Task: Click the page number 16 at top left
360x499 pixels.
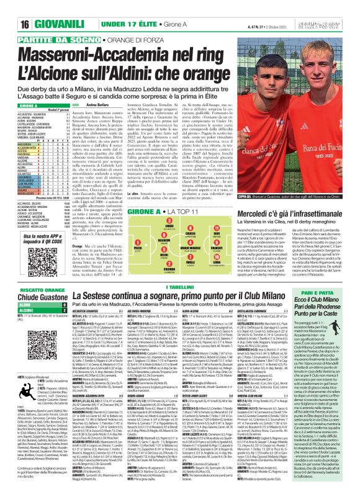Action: click(x=10, y=7)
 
